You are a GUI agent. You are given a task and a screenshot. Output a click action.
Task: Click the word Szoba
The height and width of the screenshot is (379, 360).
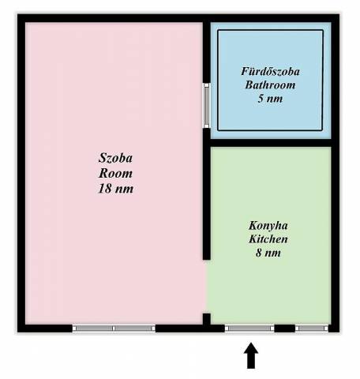coord(115,158)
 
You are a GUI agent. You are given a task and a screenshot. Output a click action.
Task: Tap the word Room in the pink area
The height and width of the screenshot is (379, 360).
coord(115,173)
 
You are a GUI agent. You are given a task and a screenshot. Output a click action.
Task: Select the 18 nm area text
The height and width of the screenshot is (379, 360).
coord(115,189)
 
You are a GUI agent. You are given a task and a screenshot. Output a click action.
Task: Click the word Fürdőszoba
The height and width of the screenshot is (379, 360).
coord(270,72)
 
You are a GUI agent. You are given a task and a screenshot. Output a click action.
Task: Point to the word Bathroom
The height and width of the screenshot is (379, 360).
coord(270,84)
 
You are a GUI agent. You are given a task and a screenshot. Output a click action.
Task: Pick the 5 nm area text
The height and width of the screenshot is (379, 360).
coord(270,98)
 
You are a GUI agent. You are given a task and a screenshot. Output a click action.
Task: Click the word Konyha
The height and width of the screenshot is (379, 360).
coord(268,226)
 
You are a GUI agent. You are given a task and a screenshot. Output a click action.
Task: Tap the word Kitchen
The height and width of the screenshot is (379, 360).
coord(268,239)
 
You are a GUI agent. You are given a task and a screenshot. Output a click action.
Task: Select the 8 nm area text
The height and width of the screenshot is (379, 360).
coord(268,253)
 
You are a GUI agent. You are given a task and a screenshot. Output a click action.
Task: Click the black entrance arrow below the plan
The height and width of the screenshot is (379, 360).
coord(251,355)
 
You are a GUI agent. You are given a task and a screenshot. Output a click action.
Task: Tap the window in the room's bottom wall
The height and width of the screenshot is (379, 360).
coord(114,328)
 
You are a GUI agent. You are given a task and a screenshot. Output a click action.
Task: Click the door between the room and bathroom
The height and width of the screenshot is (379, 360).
coord(206,106)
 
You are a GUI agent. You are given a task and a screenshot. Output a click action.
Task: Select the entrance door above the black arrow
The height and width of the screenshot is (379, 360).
coord(249,328)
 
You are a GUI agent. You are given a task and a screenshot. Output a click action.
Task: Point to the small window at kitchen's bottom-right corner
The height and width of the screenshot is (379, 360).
coord(312,328)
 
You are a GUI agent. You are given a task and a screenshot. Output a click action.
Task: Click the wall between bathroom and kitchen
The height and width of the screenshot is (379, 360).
coord(271,143)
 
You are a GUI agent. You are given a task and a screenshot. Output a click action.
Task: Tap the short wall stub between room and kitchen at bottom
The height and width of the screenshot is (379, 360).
coord(207,319)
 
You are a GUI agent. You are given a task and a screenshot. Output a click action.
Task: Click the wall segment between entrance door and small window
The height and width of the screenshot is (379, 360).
coord(285,328)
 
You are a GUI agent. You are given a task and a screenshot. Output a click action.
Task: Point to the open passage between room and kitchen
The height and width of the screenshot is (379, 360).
coord(207,287)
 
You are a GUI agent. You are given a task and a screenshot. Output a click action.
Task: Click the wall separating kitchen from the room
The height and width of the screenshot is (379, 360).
coord(207,203)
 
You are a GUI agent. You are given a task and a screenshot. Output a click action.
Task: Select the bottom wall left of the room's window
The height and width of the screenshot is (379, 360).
coord(45,328)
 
